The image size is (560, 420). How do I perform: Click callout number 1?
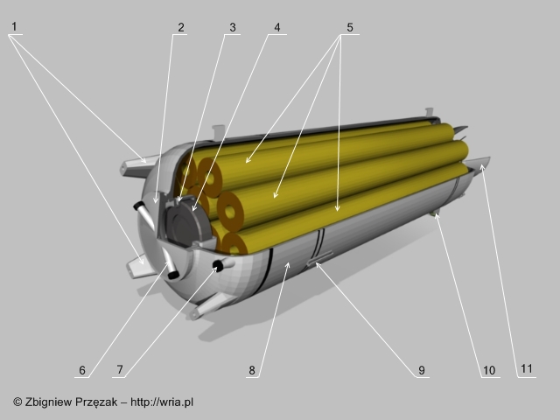point(14,26)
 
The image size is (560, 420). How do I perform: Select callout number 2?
point(181,27)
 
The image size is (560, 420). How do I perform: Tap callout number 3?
point(233,27)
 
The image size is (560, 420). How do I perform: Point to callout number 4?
point(277,27)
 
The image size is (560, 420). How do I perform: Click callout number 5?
point(350,27)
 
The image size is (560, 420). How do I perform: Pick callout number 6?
point(82,370)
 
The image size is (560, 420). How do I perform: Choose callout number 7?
point(120,369)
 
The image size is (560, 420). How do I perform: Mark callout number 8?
point(252,370)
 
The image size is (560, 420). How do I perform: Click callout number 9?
point(422,370)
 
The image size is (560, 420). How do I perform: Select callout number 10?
point(489,370)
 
